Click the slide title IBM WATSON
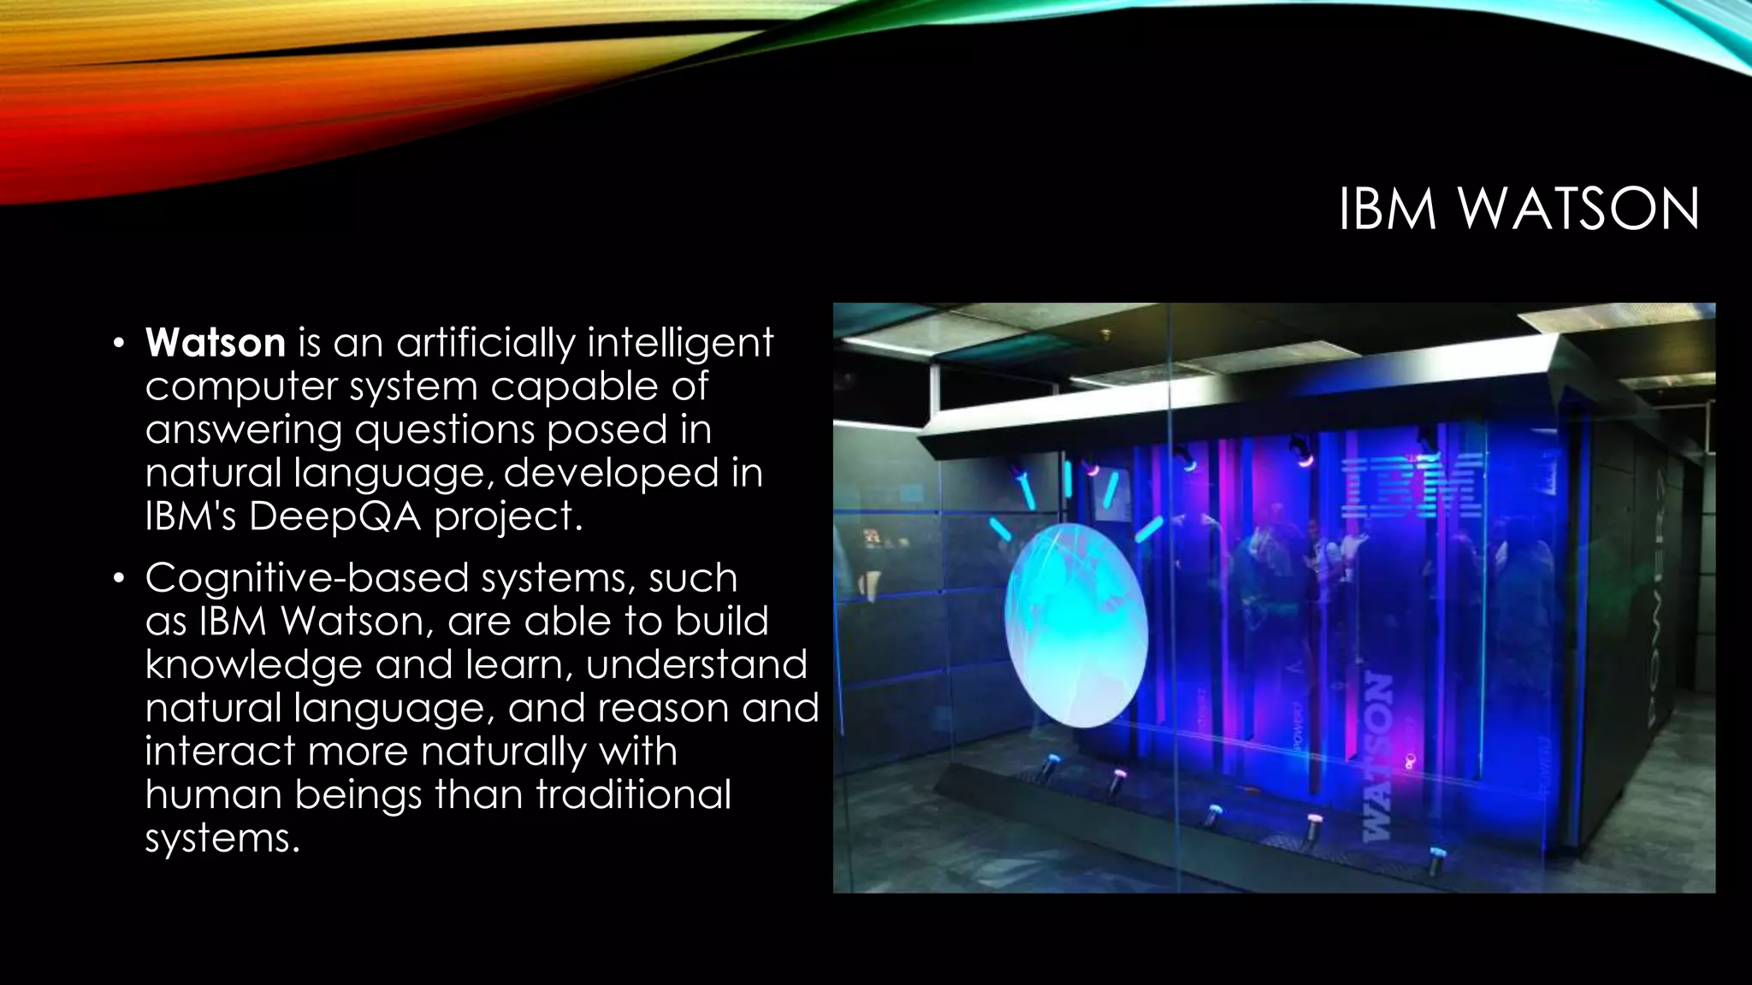(x=1518, y=209)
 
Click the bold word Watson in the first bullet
(x=216, y=343)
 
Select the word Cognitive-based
(x=306, y=578)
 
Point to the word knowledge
(x=253, y=665)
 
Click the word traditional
(x=633, y=794)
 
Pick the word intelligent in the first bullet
(x=680, y=343)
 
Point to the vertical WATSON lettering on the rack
(x=1377, y=752)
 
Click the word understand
(x=696, y=665)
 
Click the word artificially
(x=485, y=343)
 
